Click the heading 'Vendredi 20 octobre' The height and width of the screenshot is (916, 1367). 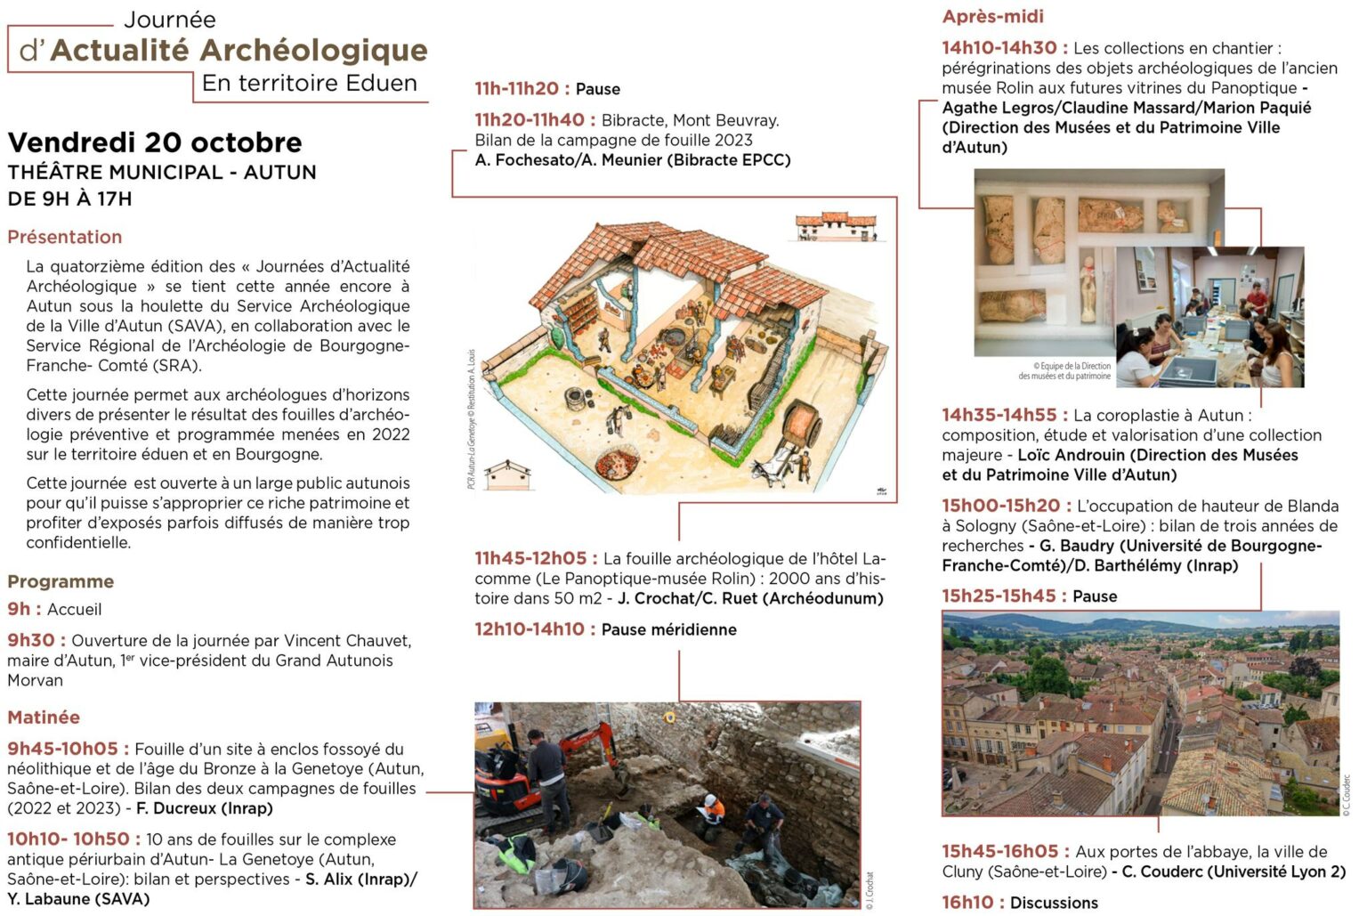coord(155,142)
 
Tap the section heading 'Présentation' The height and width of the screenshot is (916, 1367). coord(65,237)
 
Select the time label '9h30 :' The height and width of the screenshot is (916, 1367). coord(36,641)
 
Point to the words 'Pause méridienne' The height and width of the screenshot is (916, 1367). coord(668,629)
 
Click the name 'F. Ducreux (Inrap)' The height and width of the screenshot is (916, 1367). coord(204,808)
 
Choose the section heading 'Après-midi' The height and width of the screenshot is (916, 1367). coord(992,16)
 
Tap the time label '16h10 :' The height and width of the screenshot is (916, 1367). coord(972,903)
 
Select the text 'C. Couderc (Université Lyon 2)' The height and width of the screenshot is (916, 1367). coord(1234,871)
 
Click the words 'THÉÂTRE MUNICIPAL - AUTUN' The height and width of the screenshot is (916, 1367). coord(162,172)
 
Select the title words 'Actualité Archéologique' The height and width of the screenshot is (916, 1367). coord(239,50)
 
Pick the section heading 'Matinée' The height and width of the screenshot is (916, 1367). coord(44,717)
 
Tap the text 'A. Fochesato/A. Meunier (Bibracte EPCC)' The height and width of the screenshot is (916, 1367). coord(632,160)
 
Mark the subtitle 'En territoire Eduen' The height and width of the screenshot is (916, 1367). coord(309,84)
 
